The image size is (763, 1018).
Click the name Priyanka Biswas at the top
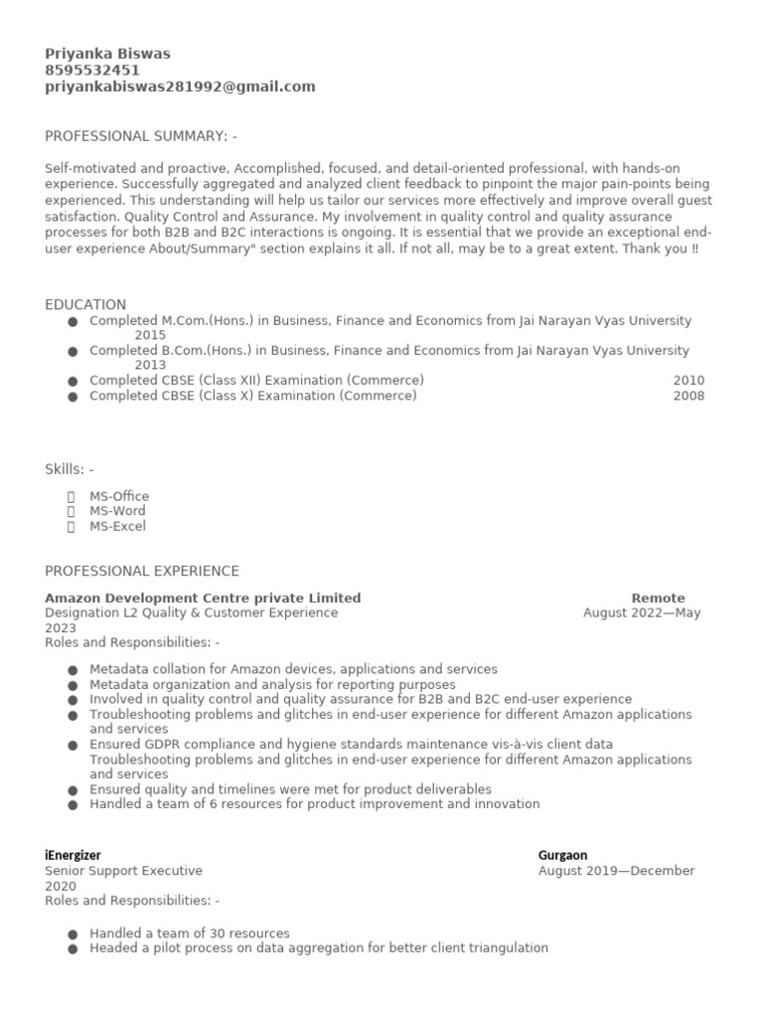point(107,54)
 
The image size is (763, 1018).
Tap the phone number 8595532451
point(92,71)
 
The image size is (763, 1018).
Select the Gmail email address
point(180,86)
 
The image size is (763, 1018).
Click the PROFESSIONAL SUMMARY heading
point(141,136)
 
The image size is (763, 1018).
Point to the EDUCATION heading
point(85,304)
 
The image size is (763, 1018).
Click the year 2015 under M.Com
point(150,336)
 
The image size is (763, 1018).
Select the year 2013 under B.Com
point(150,365)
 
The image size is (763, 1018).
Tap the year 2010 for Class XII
point(688,381)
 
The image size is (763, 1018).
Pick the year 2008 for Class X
point(688,396)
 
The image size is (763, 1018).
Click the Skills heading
point(70,469)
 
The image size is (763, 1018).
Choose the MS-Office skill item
point(119,496)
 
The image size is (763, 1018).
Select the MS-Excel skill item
point(117,526)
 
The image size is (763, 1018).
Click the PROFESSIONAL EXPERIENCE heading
point(142,571)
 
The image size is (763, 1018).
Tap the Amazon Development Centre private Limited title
point(203,598)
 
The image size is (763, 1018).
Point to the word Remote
point(658,598)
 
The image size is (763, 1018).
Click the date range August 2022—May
point(642,613)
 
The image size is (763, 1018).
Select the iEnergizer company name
point(73,855)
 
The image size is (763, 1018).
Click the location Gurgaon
point(562,855)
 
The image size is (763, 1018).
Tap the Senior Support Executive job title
point(123,871)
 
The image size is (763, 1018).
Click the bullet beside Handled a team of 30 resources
point(73,934)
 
